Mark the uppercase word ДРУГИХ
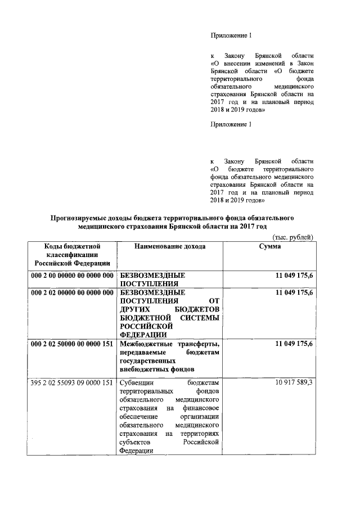coord(137,310)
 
